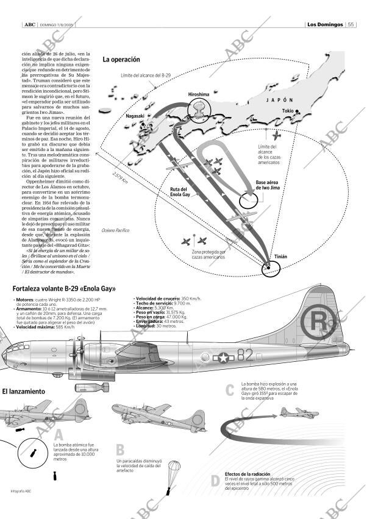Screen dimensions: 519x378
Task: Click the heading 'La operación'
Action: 121,60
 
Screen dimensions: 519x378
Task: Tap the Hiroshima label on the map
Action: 198,95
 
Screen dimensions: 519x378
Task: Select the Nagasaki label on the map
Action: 135,116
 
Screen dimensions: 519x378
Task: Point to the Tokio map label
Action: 288,111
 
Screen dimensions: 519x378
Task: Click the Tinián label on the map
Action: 280,257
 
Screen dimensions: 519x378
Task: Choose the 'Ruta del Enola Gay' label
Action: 180,192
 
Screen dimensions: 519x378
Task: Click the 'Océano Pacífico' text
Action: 116,230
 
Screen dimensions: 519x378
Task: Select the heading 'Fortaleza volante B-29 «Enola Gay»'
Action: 64,289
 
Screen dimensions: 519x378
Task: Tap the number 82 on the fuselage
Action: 244,355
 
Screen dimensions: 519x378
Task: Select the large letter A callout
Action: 59,434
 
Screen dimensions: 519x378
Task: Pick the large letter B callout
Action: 120,450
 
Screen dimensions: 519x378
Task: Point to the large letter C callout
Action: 230,390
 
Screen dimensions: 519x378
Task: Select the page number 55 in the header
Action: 351,24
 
